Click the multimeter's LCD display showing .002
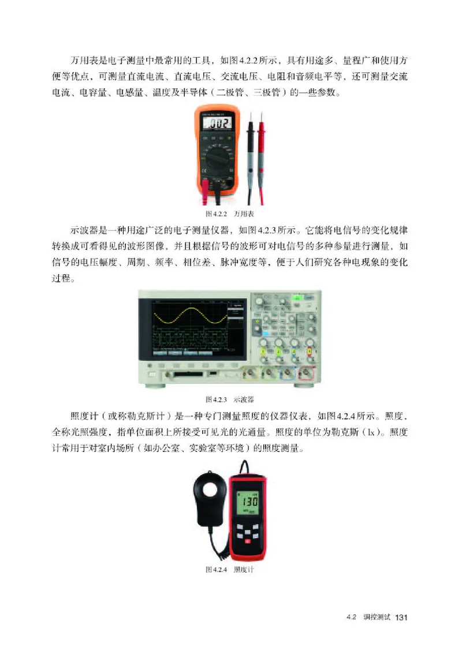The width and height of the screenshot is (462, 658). pyautogui.click(x=217, y=122)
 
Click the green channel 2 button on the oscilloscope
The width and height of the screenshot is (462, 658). pyautogui.click(x=279, y=350)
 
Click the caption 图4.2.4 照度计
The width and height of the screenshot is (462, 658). pyautogui.click(x=230, y=570)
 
